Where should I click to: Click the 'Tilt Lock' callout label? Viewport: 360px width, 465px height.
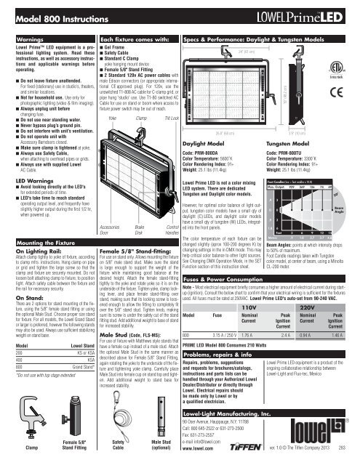[151, 97]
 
